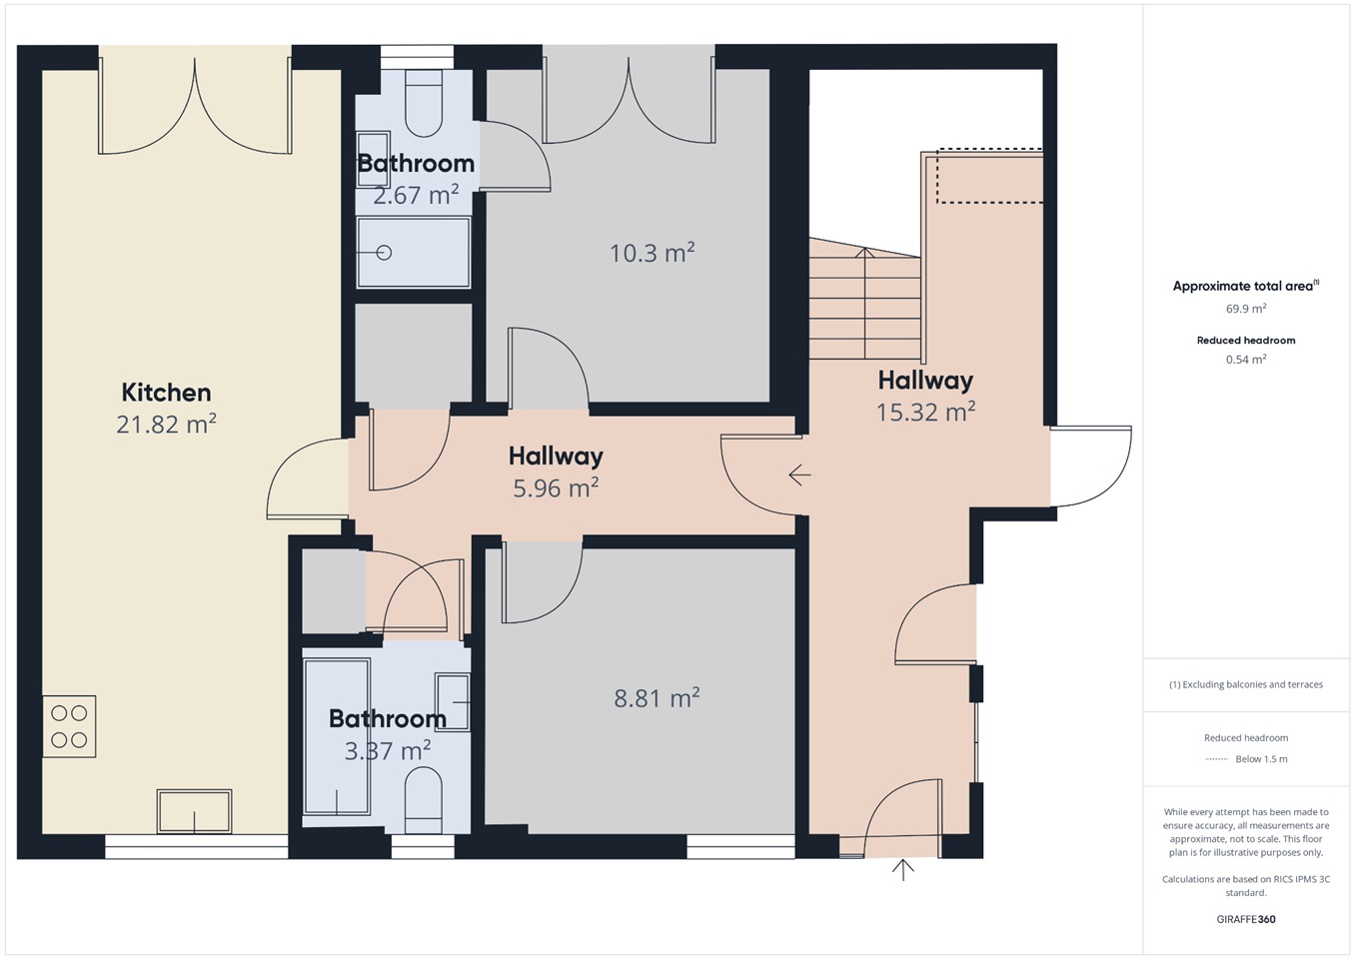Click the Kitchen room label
166,393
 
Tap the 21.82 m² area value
166,425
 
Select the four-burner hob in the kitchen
69,726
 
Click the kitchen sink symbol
194,811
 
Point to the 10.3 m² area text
652,253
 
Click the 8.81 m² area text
657,698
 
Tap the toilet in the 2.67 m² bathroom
424,105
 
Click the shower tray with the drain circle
413,253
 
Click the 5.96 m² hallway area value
556,488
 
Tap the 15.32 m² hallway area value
925,412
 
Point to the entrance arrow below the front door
903,870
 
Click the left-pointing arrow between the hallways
799,475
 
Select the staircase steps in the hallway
864,305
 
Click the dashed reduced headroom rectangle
989,176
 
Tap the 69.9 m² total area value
1246,310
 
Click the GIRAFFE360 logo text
1246,919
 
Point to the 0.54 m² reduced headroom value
1246,360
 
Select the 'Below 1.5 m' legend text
1261,759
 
